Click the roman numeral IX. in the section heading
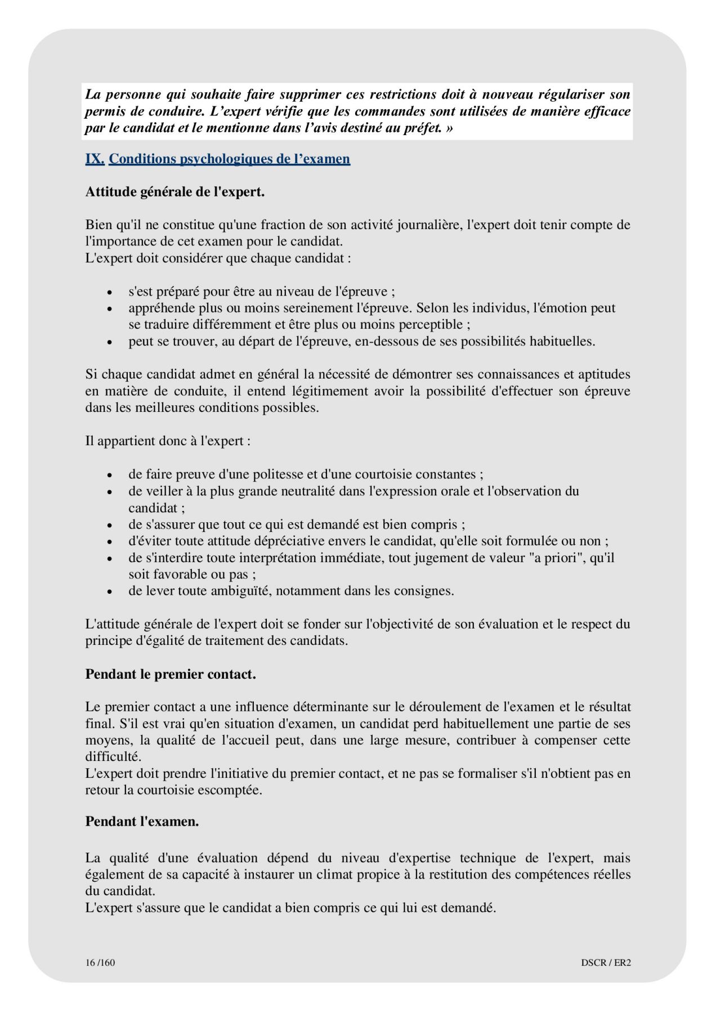[x=95, y=159]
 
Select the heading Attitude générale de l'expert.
[x=174, y=192]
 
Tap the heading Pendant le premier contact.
[x=171, y=674]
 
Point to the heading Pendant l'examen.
[x=142, y=822]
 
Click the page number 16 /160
[x=100, y=962]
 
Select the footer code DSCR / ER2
[x=606, y=962]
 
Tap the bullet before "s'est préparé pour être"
[x=110, y=293]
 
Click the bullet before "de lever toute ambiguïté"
[x=110, y=592]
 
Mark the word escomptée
[x=232, y=790]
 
